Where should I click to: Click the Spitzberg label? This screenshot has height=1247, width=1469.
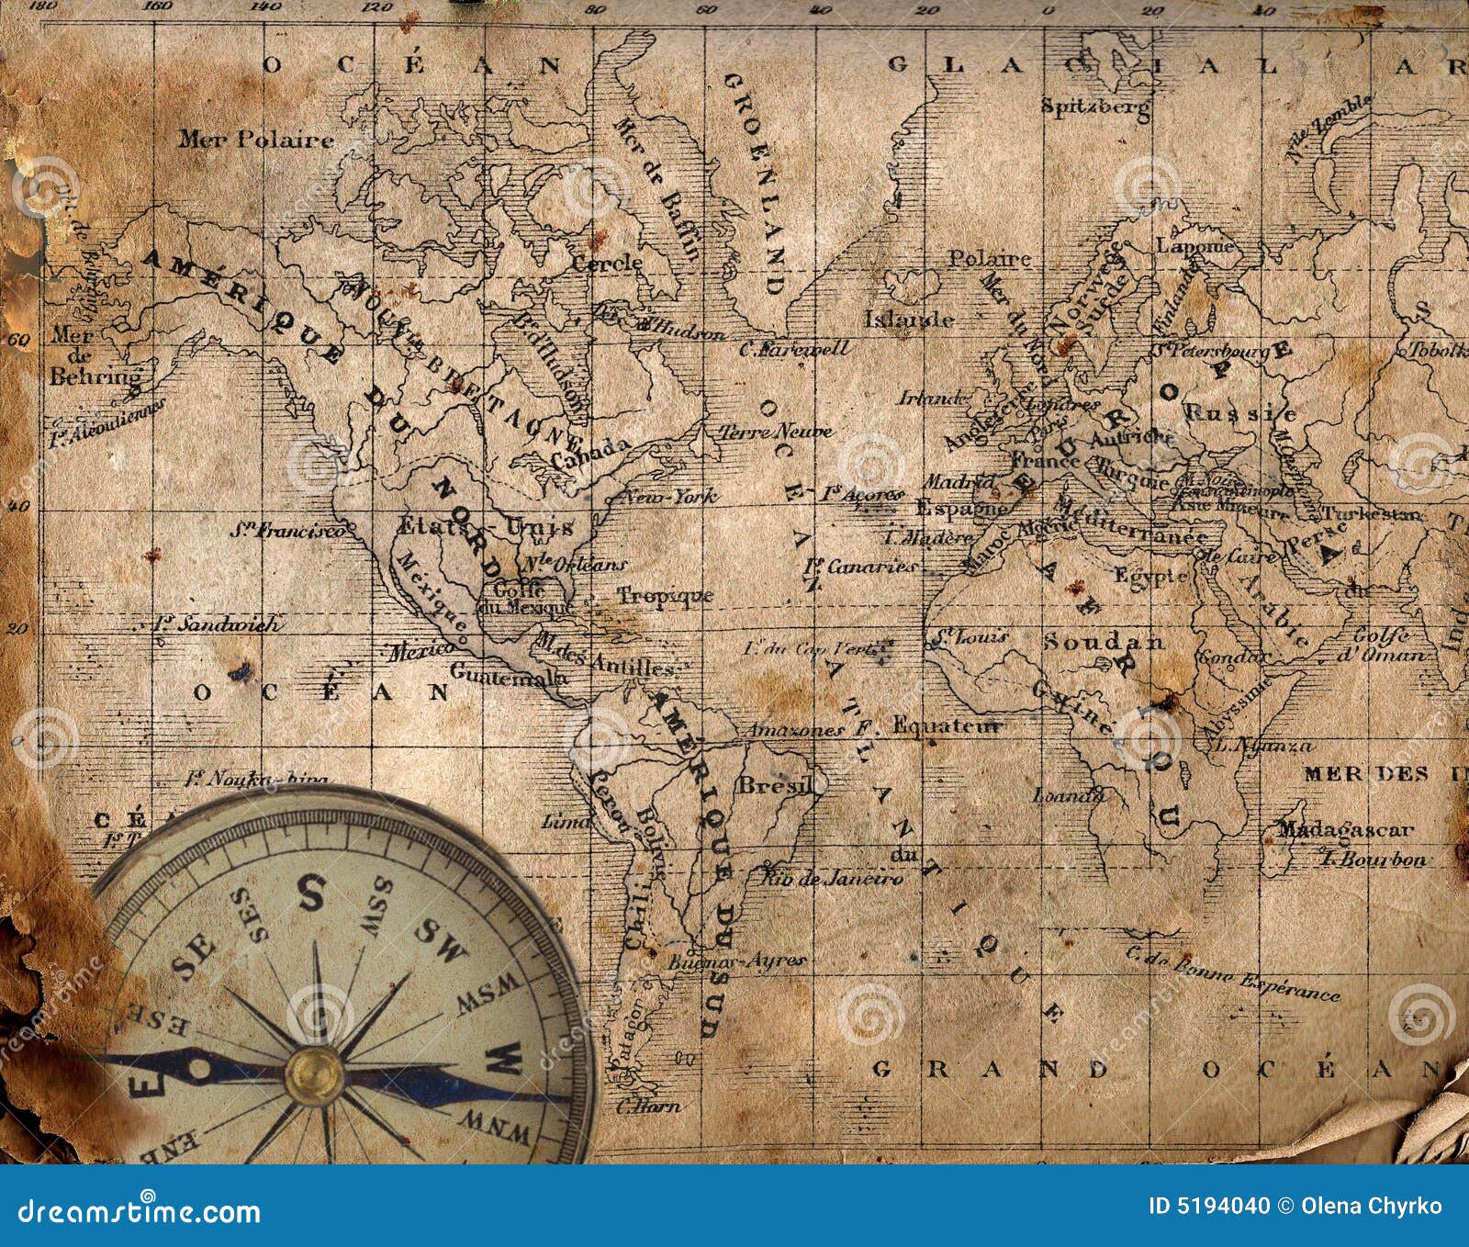1095,107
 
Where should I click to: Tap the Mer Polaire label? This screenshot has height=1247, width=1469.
255,140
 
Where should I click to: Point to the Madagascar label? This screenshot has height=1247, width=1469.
1345,830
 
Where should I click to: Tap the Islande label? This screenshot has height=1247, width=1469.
909,320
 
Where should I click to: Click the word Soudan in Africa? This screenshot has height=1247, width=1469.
1103,641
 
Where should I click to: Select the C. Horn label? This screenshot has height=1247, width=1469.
648,1106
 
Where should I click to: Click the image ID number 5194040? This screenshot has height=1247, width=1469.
1209,1206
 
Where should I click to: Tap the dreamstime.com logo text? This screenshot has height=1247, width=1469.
132,1209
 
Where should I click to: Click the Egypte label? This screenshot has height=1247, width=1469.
1151,576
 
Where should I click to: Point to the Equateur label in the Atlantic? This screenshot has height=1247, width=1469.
946,726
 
